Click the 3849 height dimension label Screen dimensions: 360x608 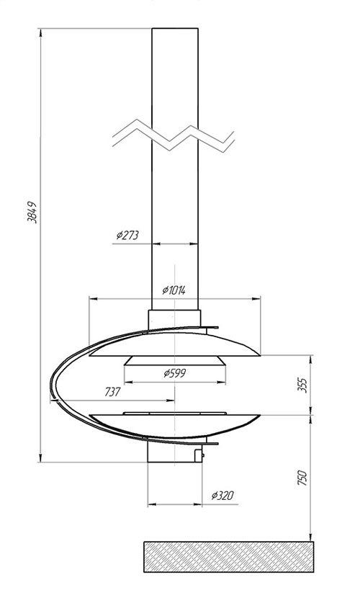pyautogui.click(x=32, y=212)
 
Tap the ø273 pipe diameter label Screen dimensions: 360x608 pyautogui.click(x=127, y=235)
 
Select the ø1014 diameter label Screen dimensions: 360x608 pyautogui.click(x=174, y=290)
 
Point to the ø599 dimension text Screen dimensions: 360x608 pyautogui.click(x=175, y=373)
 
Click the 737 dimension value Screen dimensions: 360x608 pyautogui.click(x=112, y=392)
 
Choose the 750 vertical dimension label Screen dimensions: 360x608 pyautogui.click(x=302, y=478)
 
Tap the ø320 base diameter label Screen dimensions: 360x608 pyautogui.click(x=222, y=495)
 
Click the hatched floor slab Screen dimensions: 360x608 pyautogui.click(x=229, y=557)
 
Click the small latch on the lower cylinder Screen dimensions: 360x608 pyautogui.click(x=199, y=455)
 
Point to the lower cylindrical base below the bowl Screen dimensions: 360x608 pyautogui.click(x=174, y=452)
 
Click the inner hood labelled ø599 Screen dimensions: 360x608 pyautogui.click(x=175, y=361)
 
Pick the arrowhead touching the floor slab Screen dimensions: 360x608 pyautogui.click(x=310, y=537)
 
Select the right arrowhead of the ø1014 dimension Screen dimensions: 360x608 pyautogui.click(x=256, y=298)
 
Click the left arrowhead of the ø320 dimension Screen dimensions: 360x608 pyautogui.click(x=152, y=504)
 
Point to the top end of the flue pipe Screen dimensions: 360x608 pyautogui.click(x=175, y=28)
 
